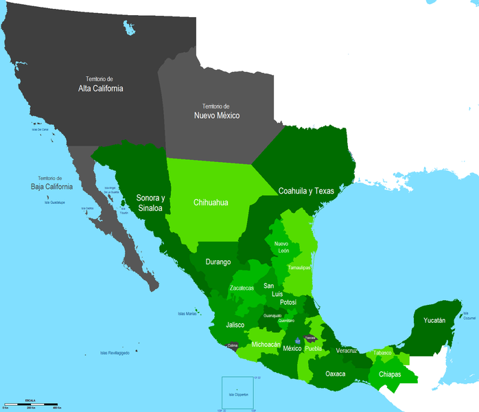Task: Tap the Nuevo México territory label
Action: [x=215, y=116]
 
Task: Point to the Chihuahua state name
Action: [x=211, y=202]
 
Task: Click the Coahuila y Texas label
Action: [x=306, y=191]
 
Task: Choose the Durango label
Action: [x=218, y=262]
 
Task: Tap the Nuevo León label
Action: [x=281, y=247]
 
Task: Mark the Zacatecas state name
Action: [x=245, y=288]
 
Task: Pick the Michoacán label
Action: [x=266, y=344]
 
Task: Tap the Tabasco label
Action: [x=383, y=353]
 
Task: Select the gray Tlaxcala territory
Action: [x=310, y=339]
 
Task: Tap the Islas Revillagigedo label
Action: [x=113, y=353]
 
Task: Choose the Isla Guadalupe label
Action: [x=54, y=203]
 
